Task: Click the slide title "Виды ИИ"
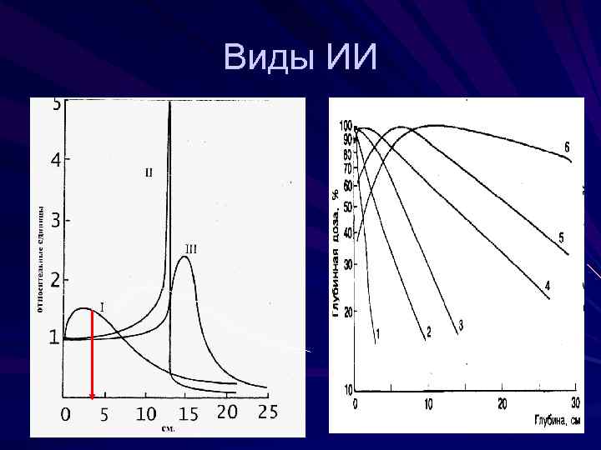[300, 57]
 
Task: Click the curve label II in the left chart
[149, 172]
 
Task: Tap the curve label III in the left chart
[190, 248]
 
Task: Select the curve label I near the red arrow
[102, 307]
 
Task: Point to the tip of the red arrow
[92, 397]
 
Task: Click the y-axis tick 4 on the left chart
[55, 160]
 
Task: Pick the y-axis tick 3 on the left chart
[55, 221]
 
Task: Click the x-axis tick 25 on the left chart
[267, 412]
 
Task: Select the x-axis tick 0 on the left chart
[66, 413]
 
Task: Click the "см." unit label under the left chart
[168, 429]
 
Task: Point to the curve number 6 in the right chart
[567, 147]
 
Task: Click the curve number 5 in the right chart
[561, 238]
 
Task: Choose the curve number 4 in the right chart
[548, 286]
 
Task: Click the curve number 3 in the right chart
[460, 324]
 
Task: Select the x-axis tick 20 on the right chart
[503, 404]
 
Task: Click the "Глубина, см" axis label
[557, 419]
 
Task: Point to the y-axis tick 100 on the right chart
[345, 125]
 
